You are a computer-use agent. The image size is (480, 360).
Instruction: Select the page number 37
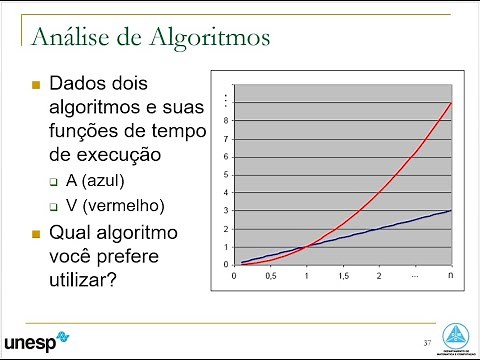[427, 343]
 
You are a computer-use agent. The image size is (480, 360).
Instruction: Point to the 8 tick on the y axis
[226, 121]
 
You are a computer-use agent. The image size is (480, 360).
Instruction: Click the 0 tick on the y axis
[226, 265]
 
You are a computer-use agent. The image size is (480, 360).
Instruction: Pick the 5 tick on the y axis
[226, 175]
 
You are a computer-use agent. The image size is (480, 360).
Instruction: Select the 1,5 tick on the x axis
[344, 275]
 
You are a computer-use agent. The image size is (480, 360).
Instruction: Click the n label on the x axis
[451, 275]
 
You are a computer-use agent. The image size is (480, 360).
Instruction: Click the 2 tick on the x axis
[379, 275]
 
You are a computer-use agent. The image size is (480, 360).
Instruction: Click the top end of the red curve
[452, 102]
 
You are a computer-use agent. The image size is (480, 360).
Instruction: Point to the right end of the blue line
[452, 210]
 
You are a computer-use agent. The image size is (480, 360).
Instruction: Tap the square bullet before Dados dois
[36, 83]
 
